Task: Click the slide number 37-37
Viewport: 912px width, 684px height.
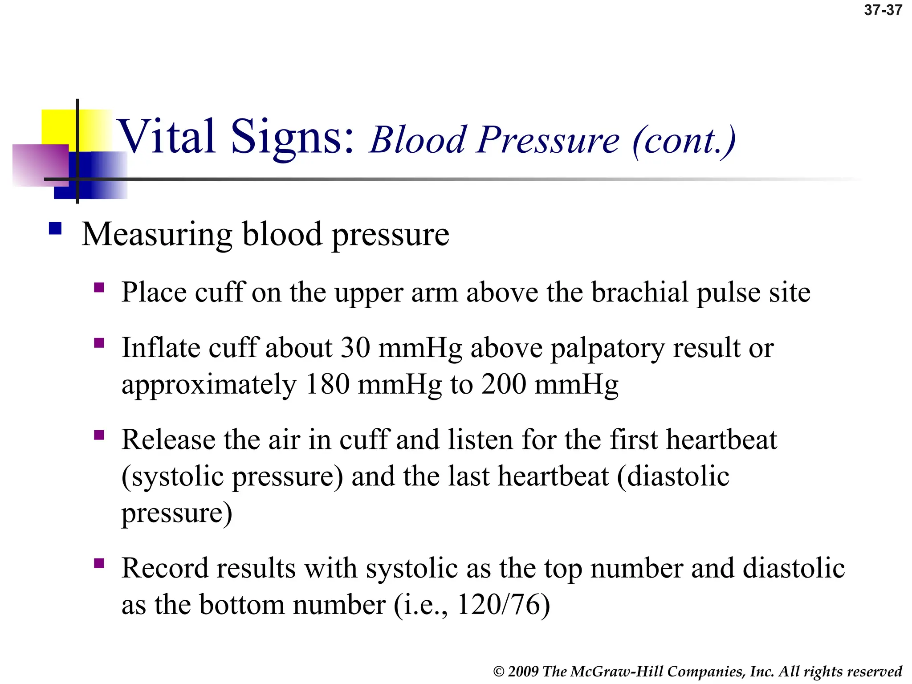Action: tap(883, 10)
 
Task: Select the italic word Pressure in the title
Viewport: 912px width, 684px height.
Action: tap(548, 141)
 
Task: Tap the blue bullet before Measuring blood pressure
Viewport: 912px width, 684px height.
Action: tap(55, 228)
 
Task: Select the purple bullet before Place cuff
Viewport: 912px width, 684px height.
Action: tap(99, 287)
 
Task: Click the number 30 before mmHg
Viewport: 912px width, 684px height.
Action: tap(355, 347)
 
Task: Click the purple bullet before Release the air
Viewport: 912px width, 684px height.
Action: tap(99, 435)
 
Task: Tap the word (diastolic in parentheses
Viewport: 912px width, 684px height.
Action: tap(673, 476)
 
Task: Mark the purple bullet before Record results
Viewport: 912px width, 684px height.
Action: tap(99, 563)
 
